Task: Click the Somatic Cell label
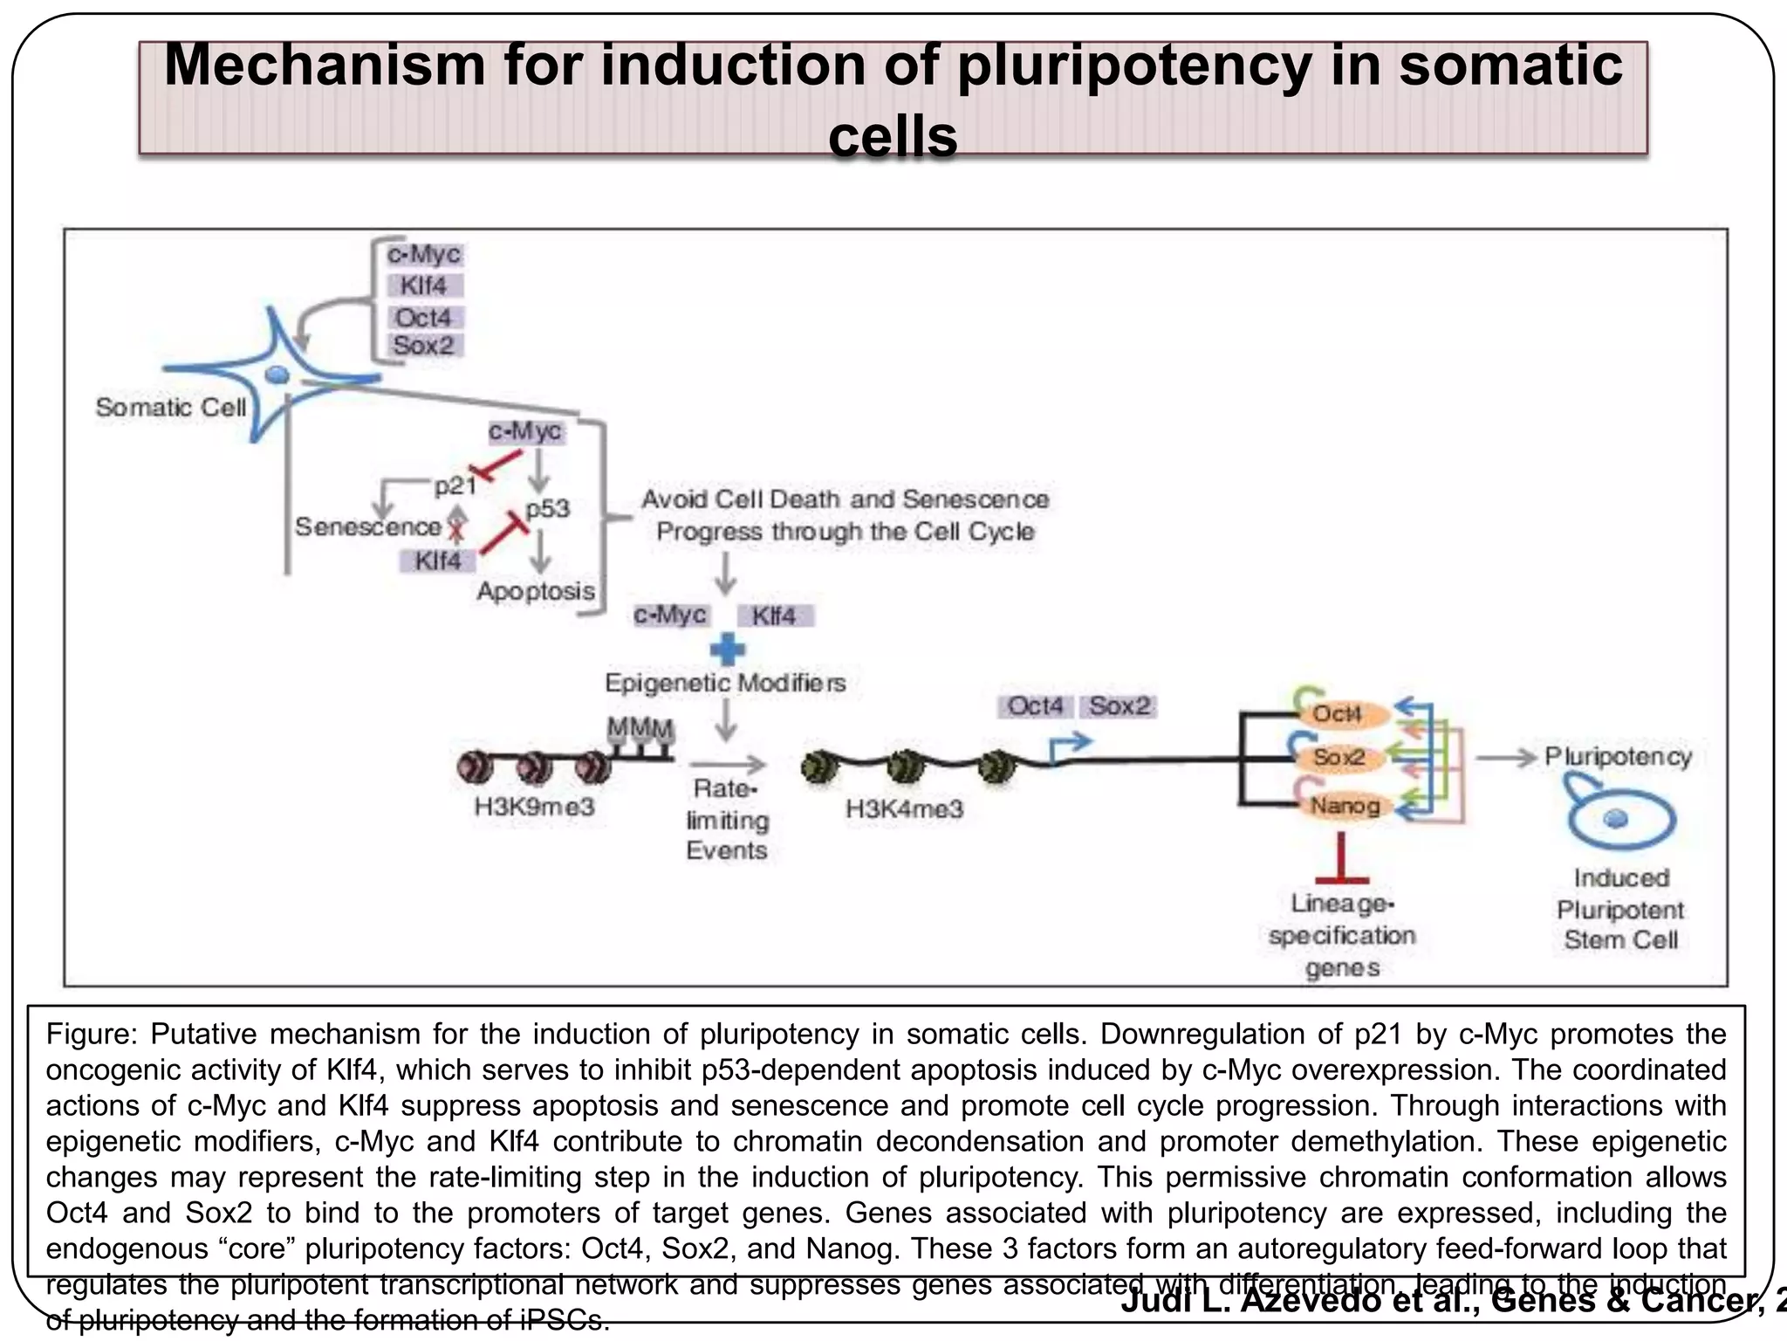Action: pos(171,408)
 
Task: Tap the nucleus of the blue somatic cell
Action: pos(277,375)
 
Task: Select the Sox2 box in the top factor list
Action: pos(424,346)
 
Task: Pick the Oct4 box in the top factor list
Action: pos(424,317)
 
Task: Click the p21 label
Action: pos(455,486)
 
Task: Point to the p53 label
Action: pos(548,508)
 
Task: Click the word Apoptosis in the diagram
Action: pos(536,591)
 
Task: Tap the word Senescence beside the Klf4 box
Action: pos(367,527)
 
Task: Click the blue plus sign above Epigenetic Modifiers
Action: pos(727,650)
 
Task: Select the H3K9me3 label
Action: pos(534,806)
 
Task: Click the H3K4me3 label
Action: pos(904,809)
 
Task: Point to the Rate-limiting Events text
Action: pos(726,820)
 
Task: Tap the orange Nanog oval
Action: pos(1344,805)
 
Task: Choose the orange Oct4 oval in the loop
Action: pos(1337,714)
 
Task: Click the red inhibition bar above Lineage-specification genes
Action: pos(1342,879)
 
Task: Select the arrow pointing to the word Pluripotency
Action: pos(1506,757)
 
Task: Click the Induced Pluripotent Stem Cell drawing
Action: pos(1619,818)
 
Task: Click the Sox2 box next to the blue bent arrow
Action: pos(1119,706)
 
